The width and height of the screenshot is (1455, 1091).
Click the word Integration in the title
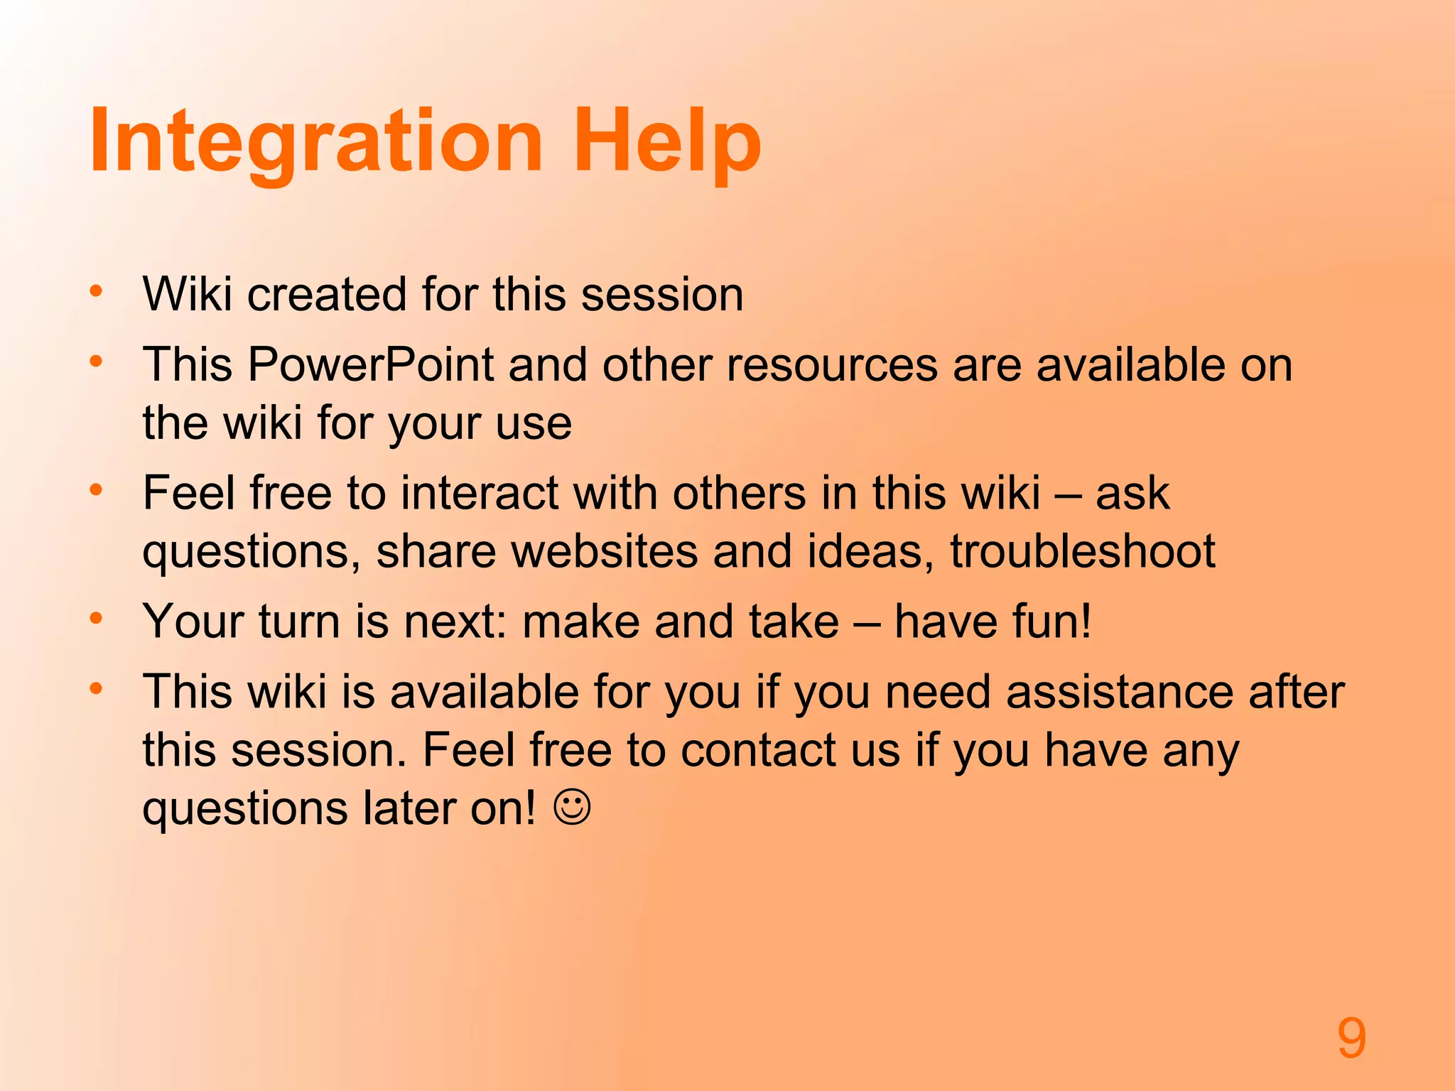(316, 142)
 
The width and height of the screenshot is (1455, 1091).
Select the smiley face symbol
(572, 808)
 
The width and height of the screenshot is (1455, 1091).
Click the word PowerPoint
(370, 365)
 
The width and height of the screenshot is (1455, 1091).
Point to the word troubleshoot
(1083, 551)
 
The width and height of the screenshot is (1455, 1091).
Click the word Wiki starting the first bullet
(187, 293)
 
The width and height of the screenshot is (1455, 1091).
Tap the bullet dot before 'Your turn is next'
(97, 618)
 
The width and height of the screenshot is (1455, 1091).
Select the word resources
(832, 365)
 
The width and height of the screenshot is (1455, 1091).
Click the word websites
(605, 551)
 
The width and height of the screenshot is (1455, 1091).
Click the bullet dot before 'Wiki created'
(97, 291)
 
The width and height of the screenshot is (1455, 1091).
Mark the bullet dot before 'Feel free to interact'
(97, 490)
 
